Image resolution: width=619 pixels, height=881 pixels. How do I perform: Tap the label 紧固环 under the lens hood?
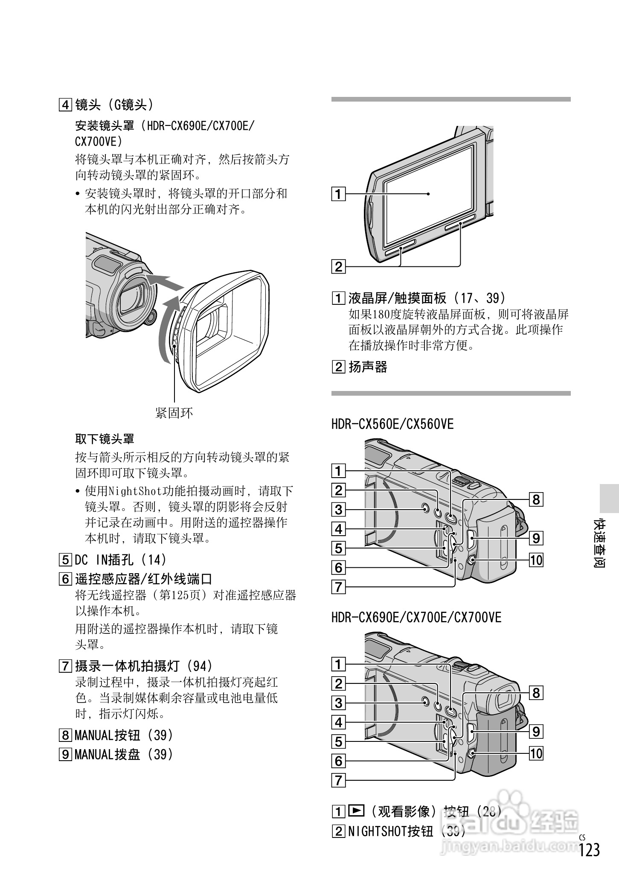tap(174, 413)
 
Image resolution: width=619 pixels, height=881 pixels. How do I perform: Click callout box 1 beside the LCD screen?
tap(339, 194)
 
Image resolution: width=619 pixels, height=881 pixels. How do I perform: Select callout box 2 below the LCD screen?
tap(339, 267)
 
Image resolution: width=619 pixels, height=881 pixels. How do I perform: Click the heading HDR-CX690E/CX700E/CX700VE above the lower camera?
tap(416, 618)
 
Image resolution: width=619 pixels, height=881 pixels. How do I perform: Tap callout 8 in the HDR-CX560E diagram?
tap(536, 499)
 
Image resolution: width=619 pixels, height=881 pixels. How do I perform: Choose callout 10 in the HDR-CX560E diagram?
tap(536, 560)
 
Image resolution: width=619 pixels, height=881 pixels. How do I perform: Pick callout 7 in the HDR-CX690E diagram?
tap(339, 780)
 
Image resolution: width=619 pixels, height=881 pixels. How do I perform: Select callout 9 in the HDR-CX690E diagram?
tap(536, 732)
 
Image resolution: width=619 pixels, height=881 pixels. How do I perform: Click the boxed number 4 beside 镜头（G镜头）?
tap(65, 105)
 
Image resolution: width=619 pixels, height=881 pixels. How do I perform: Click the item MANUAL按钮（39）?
tap(124, 735)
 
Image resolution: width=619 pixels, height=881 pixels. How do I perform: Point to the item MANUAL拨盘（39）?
tap(124, 755)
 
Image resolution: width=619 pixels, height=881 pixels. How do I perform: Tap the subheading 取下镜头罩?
tap(105, 438)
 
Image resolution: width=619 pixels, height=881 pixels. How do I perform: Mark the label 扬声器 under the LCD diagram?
tap(368, 367)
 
